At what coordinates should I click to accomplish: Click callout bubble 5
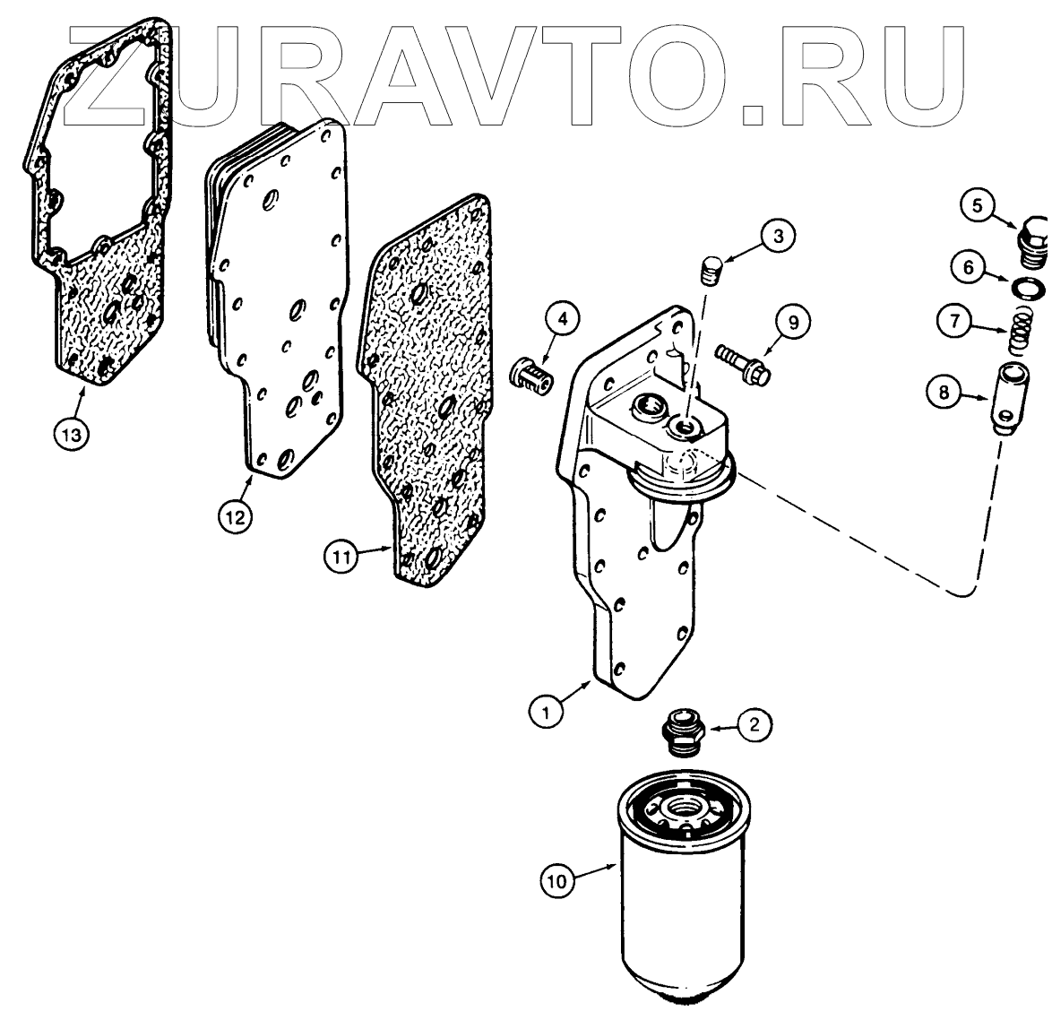tap(978, 205)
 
